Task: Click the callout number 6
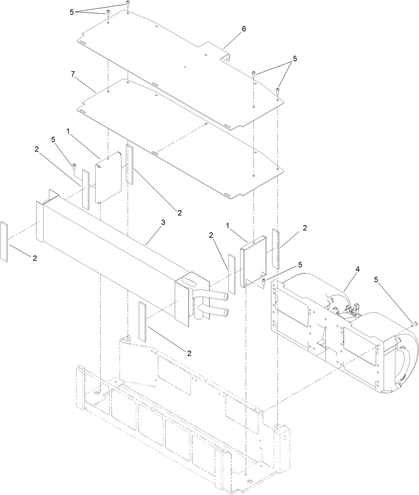[x=244, y=29]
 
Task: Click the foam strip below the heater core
[x=142, y=321]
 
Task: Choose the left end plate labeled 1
[x=109, y=179]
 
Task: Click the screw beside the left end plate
[x=74, y=166]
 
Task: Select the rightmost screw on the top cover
[x=277, y=90]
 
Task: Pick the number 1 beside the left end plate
[x=68, y=132]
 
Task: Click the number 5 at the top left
[x=72, y=12]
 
